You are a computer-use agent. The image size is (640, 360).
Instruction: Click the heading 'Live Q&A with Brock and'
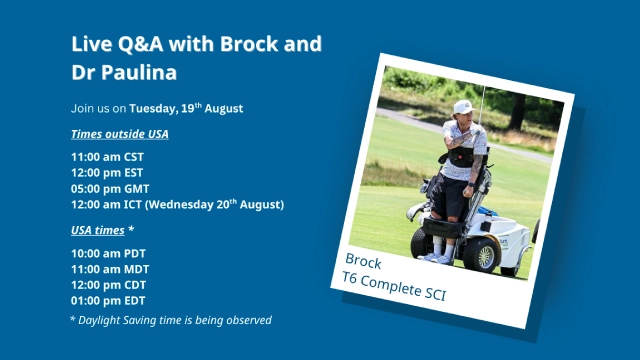click(197, 45)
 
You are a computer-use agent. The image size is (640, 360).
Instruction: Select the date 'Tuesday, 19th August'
click(186, 108)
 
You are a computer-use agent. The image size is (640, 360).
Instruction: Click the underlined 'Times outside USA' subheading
click(120, 134)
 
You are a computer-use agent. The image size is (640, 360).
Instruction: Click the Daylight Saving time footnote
click(171, 320)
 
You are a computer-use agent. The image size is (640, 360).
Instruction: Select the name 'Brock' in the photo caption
click(363, 258)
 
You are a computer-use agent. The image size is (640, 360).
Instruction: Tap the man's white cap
click(463, 107)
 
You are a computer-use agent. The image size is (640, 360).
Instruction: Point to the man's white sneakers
click(436, 257)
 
